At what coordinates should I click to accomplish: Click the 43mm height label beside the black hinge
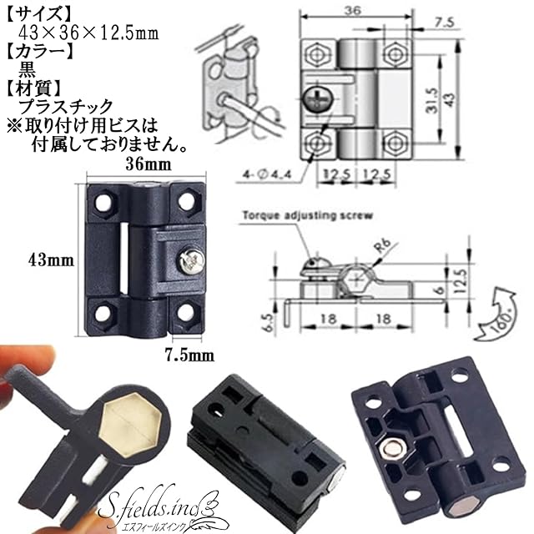(51, 260)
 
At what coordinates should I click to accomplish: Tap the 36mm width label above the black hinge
(149, 164)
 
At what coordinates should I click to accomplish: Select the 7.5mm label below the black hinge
(189, 356)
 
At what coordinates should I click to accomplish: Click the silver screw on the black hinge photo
(191, 261)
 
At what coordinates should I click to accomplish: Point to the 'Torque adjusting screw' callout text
(308, 215)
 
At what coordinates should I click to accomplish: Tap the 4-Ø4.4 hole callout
(267, 174)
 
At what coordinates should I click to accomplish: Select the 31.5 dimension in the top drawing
(432, 101)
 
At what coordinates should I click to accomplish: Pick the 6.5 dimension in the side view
(269, 322)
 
